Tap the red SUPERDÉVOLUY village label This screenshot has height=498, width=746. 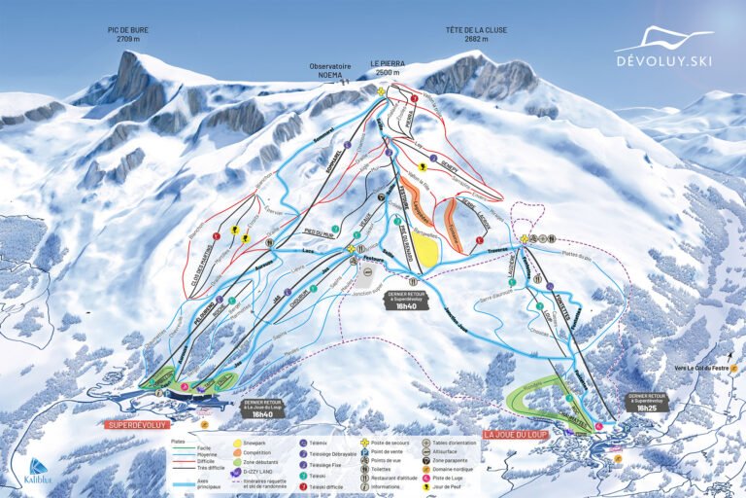coord(139,425)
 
